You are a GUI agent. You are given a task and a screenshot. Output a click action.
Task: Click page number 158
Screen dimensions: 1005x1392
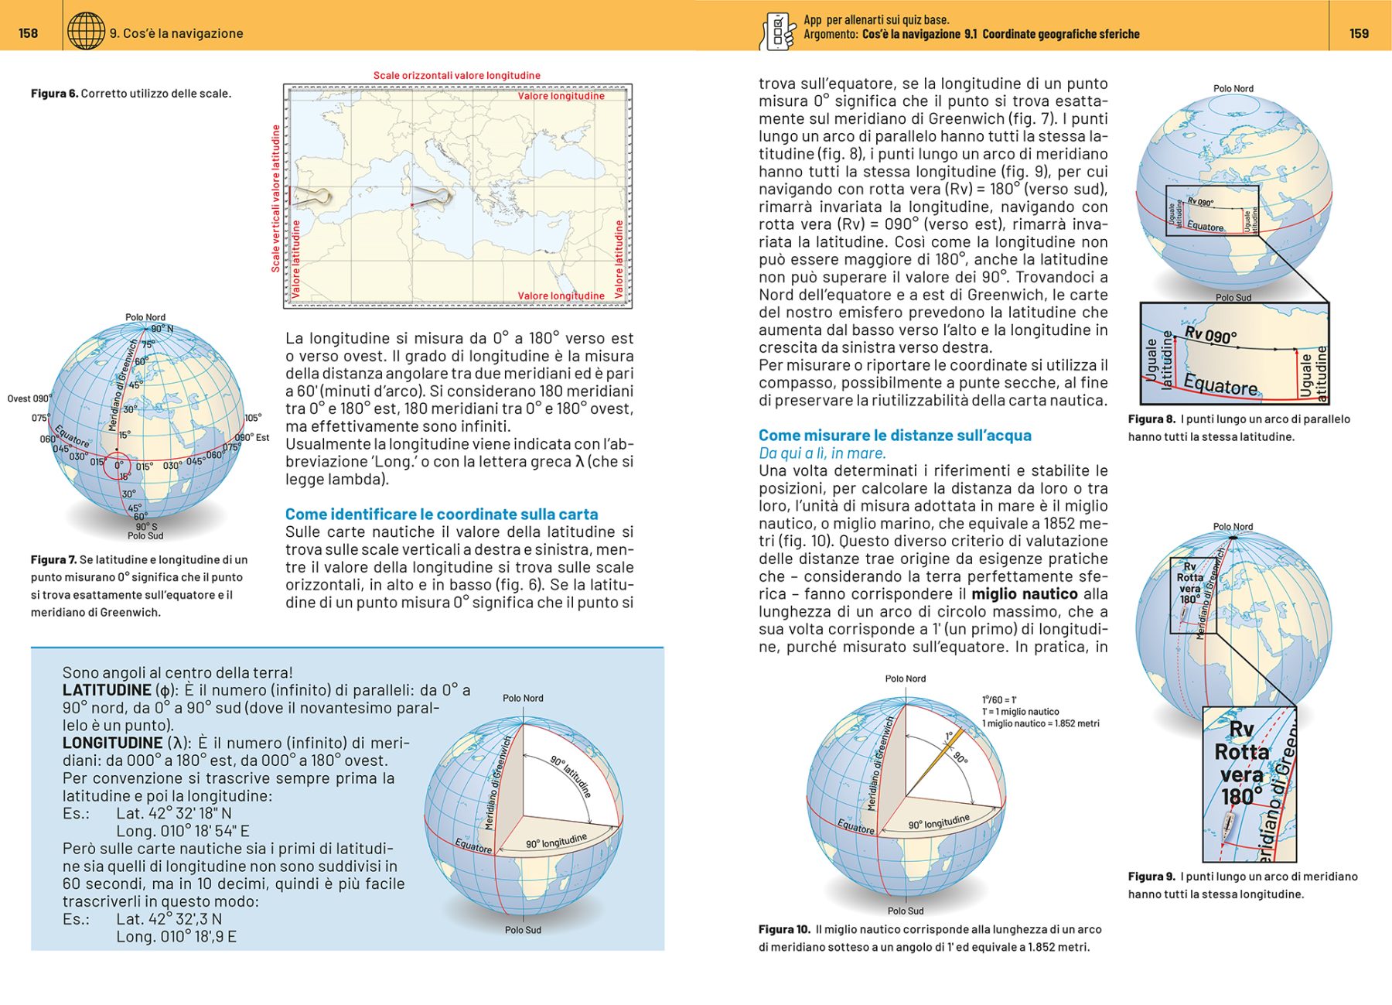point(28,33)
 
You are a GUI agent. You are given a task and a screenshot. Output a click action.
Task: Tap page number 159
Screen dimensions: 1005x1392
point(1359,33)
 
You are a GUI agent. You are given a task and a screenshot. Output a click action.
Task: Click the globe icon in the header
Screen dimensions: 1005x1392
point(86,32)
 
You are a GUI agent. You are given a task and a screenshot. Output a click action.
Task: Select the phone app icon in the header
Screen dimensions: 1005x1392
point(779,32)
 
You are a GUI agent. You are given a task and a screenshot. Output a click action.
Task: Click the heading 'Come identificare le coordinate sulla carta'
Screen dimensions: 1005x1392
point(441,514)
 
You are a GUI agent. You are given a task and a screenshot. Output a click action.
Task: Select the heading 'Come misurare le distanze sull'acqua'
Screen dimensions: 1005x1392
point(895,436)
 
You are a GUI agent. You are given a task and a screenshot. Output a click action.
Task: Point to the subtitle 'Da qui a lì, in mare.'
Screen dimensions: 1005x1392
point(822,453)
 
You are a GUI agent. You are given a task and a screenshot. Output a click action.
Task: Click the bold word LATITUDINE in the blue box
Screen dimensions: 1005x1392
point(107,690)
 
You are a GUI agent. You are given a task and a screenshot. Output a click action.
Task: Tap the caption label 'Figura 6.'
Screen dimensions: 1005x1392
point(54,94)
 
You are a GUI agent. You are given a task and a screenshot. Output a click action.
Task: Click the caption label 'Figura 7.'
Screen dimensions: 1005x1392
point(53,559)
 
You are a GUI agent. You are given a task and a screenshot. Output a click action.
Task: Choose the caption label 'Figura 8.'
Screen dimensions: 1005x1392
point(1151,419)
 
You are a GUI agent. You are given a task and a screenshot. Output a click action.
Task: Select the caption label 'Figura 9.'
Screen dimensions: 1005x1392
point(1151,877)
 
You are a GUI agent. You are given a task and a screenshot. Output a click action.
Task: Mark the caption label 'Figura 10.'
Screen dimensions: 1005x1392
point(784,929)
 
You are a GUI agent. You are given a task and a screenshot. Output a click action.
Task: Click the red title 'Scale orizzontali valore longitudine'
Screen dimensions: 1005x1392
point(456,76)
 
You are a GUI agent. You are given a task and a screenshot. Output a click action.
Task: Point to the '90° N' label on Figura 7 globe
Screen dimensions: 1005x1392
point(162,329)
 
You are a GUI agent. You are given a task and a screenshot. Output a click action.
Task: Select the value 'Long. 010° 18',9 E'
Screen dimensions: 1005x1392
point(176,937)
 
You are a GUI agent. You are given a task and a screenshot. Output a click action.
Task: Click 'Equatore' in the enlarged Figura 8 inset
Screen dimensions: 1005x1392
point(1220,385)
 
